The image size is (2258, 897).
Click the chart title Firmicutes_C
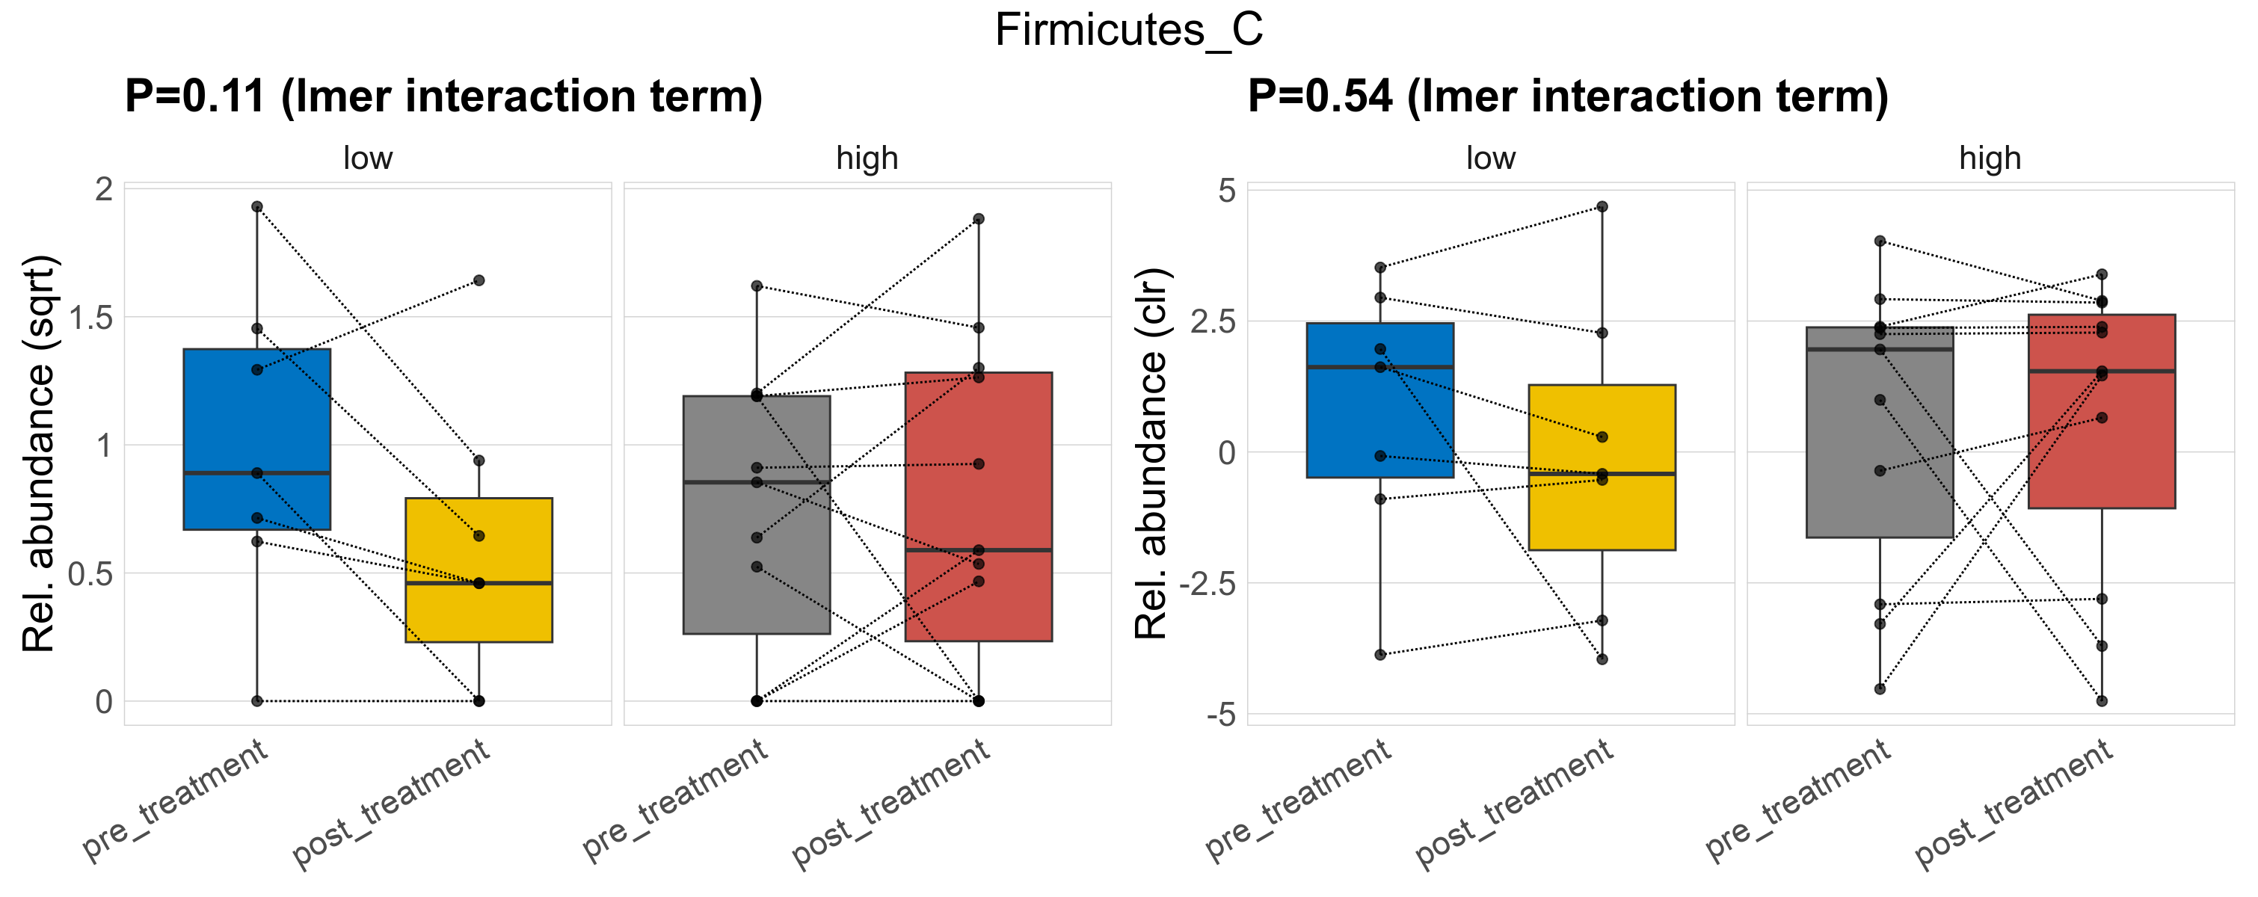tap(1128, 31)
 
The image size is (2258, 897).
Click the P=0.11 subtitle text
tap(443, 96)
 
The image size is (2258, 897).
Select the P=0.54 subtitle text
tap(1567, 96)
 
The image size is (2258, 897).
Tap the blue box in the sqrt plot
tap(257, 412)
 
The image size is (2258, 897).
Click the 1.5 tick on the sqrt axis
tap(91, 318)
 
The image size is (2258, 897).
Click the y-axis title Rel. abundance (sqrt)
tap(39, 454)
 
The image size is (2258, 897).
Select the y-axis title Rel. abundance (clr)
tap(1151, 454)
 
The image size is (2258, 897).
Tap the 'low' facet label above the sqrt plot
tap(367, 158)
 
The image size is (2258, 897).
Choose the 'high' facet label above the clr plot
tap(1990, 158)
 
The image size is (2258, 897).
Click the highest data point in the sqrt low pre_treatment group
tap(257, 207)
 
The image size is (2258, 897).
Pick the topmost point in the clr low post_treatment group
tap(1602, 207)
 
